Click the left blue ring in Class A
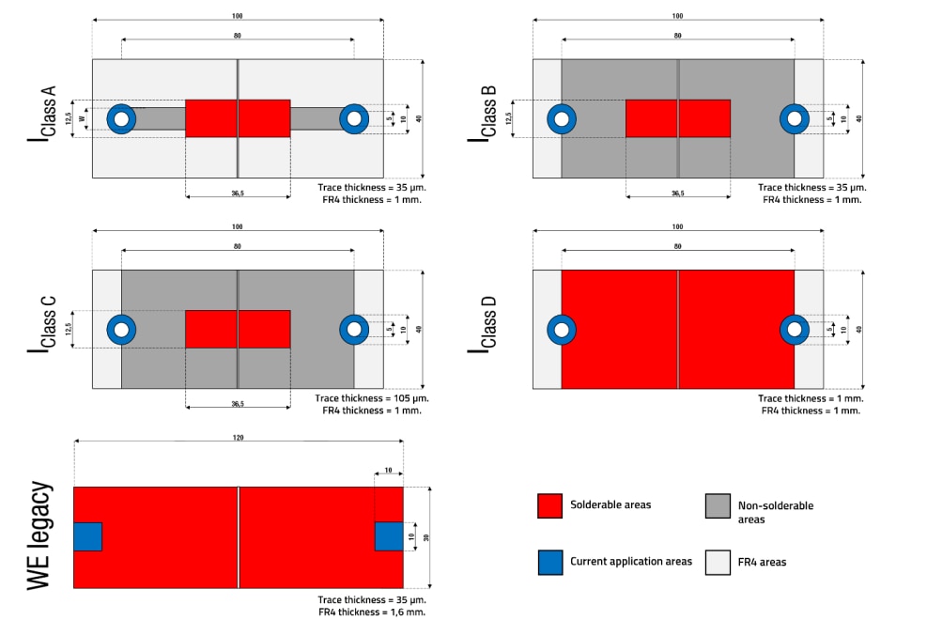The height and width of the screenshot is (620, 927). (x=121, y=118)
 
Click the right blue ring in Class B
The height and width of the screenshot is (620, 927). (x=795, y=118)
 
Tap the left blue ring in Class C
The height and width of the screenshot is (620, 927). (x=121, y=330)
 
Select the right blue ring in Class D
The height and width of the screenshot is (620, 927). (x=795, y=330)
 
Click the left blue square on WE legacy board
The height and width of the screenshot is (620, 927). (x=86, y=536)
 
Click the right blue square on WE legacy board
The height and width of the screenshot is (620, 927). (x=389, y=536)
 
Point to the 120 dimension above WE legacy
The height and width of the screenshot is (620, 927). (x=238, y=439)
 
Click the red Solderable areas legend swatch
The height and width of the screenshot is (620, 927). (x=549, y=505)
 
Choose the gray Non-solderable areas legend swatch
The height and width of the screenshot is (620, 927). (x=718, y=505)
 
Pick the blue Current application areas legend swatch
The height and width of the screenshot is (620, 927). (x=549, y=562)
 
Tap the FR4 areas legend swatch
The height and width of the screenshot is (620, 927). (x=718, y=562)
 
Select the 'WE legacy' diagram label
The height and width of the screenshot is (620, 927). (x=39, y=536)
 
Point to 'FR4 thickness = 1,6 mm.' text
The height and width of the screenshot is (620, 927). (x=371, y=612)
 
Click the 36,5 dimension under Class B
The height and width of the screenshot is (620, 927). (x=677, y=193)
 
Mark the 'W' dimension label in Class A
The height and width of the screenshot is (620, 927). (x=83, y=119)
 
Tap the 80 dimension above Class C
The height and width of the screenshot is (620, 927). (x=238, y=247)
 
